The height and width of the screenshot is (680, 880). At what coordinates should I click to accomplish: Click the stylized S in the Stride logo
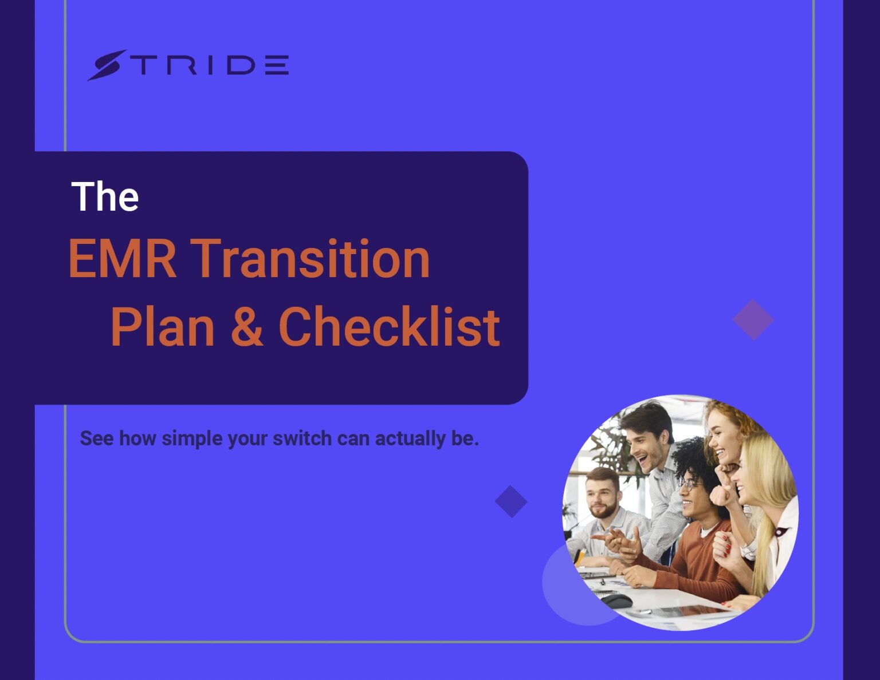coord(107,65)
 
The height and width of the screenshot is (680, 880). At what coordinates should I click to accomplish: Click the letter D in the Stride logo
coord(241,65)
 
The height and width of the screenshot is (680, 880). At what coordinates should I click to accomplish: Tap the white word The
coord(105,197)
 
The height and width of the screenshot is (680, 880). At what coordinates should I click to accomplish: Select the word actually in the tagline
coord(410,438)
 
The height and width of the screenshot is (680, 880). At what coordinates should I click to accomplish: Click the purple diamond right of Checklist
coord(753,319)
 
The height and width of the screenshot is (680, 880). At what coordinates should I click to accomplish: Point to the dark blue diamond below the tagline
coord(511,501)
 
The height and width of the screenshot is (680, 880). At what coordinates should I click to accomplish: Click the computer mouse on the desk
coord(616,600)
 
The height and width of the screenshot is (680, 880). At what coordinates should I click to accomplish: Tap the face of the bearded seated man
coord(602,496)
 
